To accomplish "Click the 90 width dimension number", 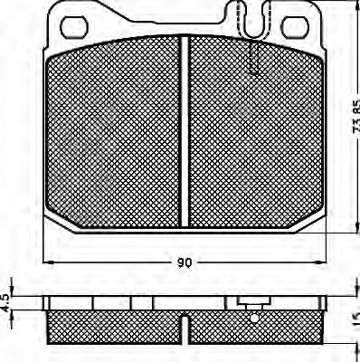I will [184, 263].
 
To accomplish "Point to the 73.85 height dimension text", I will [352, 118].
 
